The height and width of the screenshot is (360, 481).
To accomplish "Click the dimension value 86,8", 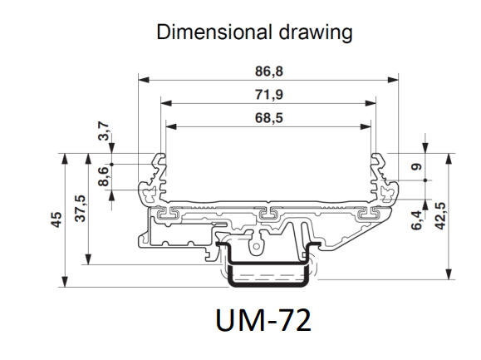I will pyautogui.click(x=267, y=70).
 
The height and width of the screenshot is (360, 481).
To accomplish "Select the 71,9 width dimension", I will pyautogui.click(x=267, y=94).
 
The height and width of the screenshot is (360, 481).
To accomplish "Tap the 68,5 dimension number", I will pyautogui.click(x=267, y=117).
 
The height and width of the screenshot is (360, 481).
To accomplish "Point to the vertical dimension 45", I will pyautogui.click(x=56, y=219).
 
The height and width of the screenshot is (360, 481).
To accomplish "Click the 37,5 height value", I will pyautogui.click(x=81, y=205).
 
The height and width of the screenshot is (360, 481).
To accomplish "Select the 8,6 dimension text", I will pyautogui.click(x=103, y=177).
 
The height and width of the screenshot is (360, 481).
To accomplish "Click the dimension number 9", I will pyautogui.click(x=417, y=166).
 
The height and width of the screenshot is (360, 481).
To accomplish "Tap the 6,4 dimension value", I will pyautogui.click(x=417, y=220).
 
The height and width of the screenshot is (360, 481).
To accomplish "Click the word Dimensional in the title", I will pyautogui.click(x=204, y=32).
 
